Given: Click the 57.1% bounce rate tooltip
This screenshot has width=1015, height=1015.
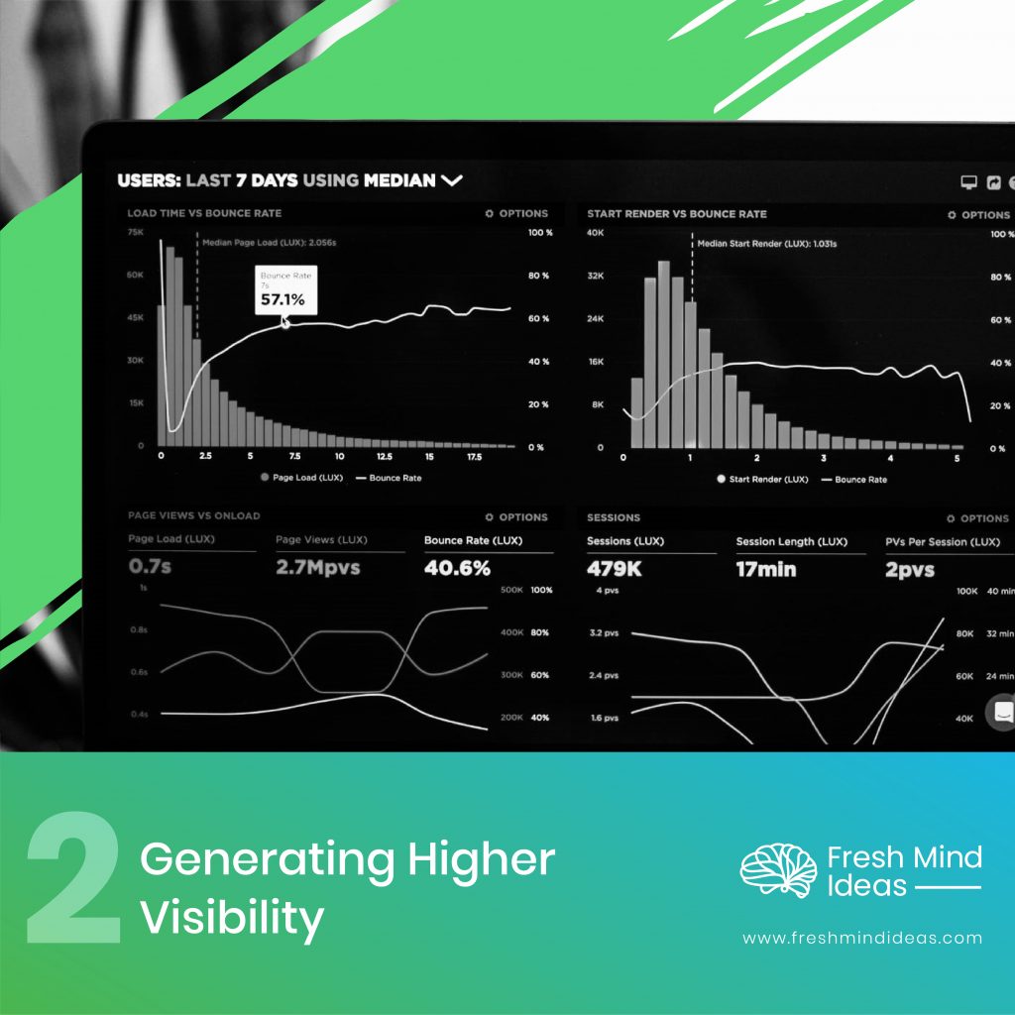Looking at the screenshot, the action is [x=285, y=290].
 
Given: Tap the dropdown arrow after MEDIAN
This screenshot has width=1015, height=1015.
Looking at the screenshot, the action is [x=452, y=180].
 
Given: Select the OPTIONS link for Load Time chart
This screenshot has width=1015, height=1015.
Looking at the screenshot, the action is [x=516, y=213].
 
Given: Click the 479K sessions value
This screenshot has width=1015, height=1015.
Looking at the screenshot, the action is [x=614, y=568].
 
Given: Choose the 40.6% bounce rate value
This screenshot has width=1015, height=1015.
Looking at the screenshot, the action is [x=457, y=568].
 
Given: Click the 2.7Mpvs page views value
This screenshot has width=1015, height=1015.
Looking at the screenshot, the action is [x=318, y=567].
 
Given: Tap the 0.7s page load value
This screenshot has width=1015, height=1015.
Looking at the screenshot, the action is [x=150, y=566].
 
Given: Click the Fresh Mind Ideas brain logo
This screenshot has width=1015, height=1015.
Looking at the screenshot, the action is [x=778, y=870].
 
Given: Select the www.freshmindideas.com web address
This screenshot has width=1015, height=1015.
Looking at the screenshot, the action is [x=862, y=938].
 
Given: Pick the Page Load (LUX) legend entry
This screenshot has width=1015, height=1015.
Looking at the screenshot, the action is [x=301, y=478].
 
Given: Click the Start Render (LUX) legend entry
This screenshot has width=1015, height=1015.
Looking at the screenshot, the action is [x=762, y=479].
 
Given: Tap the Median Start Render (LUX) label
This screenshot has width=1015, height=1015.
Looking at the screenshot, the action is [x=766, y=244].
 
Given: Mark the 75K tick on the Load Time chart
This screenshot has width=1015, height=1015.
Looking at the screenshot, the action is [x=135, y=232].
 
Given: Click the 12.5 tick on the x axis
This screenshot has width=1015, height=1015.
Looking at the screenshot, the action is [x=384, y=456].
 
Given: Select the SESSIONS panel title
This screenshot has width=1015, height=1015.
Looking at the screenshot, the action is [x=614, y=517].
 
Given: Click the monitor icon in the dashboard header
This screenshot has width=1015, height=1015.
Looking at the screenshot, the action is [x=968, y=182].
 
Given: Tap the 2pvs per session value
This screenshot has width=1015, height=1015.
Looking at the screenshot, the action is [x=910, y=570].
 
